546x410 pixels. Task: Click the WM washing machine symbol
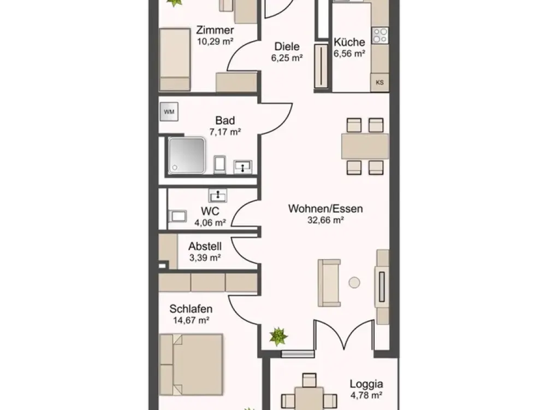[169, 112]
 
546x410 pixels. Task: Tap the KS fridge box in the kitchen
[379, 83]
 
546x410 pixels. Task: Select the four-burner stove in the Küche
[380, 35]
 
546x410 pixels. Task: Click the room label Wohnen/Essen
[325, 208]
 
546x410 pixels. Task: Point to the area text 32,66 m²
[325, 220]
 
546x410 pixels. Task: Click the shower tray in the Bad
[187, 155]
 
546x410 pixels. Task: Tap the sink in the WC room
[218, 195]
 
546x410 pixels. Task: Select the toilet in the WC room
[177, 216]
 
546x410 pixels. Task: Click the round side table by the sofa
[354, 283]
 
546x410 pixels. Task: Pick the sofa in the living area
[329, 283]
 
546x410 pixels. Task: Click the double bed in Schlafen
[191, 365]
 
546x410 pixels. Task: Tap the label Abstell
[205, 246]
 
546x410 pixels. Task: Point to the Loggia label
[366, 384]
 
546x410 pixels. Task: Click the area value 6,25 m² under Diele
[287, 58]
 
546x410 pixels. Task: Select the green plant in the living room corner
[278, 336]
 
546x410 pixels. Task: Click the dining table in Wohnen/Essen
[365, 146]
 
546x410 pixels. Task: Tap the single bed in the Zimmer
[175, 60]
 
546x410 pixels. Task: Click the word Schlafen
[191, 309]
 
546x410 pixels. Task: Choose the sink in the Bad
[243, 167]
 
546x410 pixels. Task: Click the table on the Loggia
[309, 398]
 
